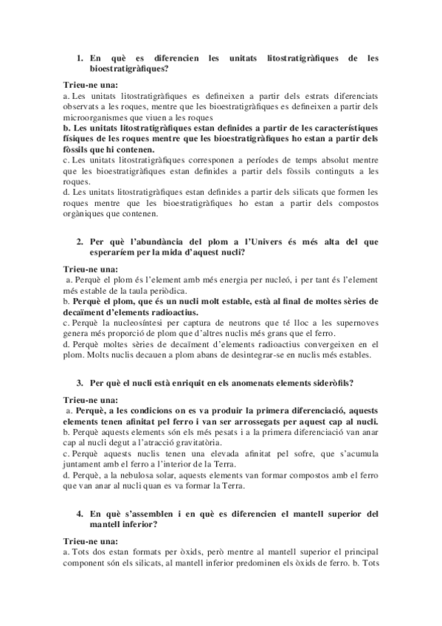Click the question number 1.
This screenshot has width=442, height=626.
(x=80, y=57)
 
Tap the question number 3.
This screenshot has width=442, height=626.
(x=80, y=383)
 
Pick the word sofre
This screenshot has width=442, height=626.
(x=281, y=453)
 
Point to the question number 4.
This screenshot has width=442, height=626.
(x=80, y=513)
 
